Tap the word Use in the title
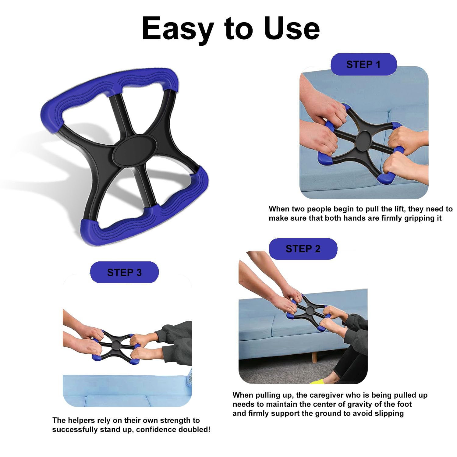pos(292,28)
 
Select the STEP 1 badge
pos(363,65)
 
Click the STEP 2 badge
pos(303,249)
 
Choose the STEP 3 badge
pos(124,272)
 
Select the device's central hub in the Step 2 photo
pos(310,310)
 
